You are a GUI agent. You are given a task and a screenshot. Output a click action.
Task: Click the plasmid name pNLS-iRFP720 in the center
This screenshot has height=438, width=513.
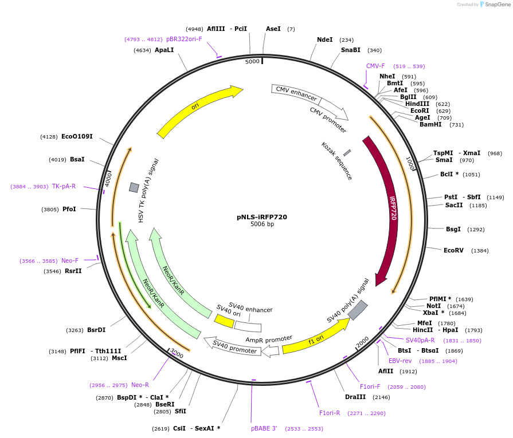[262, 217]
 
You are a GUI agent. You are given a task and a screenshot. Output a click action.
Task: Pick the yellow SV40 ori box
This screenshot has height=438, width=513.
[224, 321]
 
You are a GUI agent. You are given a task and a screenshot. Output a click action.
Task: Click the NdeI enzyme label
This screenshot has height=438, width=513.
[324, 40]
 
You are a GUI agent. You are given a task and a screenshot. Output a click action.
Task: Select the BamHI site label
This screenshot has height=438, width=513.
[430, 124]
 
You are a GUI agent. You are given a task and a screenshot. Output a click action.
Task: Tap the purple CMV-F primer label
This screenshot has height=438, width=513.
[375, 66]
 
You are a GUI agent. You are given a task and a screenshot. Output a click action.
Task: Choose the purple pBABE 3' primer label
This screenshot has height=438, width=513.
[264, 428]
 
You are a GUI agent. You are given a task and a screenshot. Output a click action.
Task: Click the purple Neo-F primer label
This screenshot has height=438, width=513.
[70, 261]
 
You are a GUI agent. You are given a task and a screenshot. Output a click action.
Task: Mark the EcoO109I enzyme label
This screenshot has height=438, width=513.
[77, 136]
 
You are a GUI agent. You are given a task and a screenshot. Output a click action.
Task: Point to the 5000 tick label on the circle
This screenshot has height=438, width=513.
[252, 61]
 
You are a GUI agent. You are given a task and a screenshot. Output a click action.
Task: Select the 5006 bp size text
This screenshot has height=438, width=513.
[262, 224]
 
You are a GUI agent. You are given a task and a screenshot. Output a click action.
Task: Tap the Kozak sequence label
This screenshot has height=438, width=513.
[336, 161]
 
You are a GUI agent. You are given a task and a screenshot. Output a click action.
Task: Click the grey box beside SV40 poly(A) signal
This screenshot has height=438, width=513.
[358, 310]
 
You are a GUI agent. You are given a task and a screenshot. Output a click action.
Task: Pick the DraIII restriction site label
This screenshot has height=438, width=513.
[355, 397]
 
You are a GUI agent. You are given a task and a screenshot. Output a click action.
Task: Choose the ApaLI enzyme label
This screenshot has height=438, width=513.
[164, 50]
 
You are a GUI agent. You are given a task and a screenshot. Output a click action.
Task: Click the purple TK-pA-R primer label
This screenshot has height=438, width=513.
[64, 186]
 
